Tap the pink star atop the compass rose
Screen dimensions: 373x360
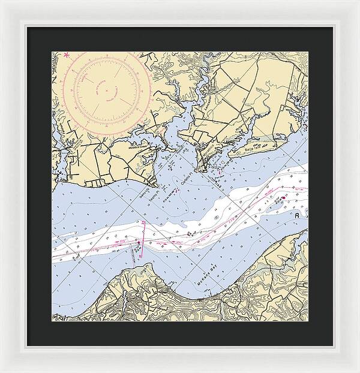pyautogui.click(x=67, y=56)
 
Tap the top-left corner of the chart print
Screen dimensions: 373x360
pyautogui.click(x=52, y=52)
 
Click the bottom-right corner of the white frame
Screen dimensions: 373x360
pyautogui.click(x=358, y=371)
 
